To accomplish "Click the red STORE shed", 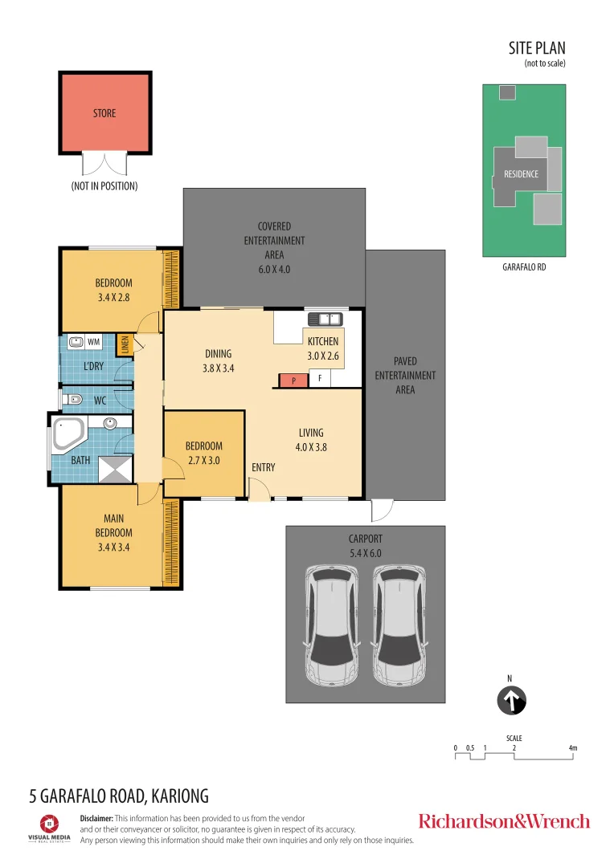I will (104, 112).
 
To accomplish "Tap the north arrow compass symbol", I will (510, 700).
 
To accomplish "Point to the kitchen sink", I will (330, 319).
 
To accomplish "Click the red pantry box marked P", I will (293, 381).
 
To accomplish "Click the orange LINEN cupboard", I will (124, 344).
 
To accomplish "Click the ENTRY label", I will (263, 467).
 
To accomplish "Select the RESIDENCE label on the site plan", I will (521, 173).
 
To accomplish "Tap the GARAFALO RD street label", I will (523, 267).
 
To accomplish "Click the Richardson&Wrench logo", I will (504, 820).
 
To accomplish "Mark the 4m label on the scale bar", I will (572, 748).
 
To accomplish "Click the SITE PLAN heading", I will (538, 49).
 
